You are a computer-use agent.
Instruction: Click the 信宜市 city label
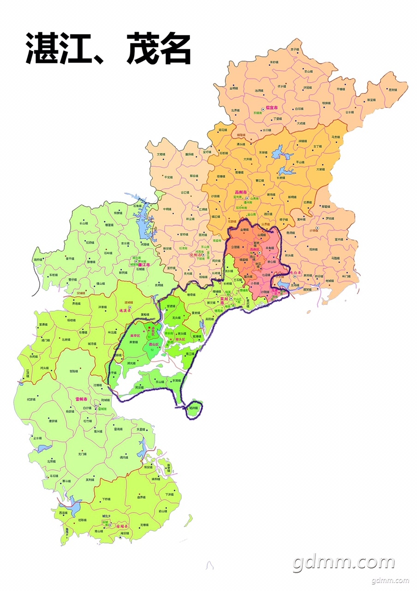tap(271, 108)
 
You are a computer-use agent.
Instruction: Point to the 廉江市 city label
tap(145, 265)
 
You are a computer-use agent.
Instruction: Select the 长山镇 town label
tap(84, 223)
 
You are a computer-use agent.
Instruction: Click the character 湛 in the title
tap(42, 49)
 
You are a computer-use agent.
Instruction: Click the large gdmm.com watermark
tap(344, 562)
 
